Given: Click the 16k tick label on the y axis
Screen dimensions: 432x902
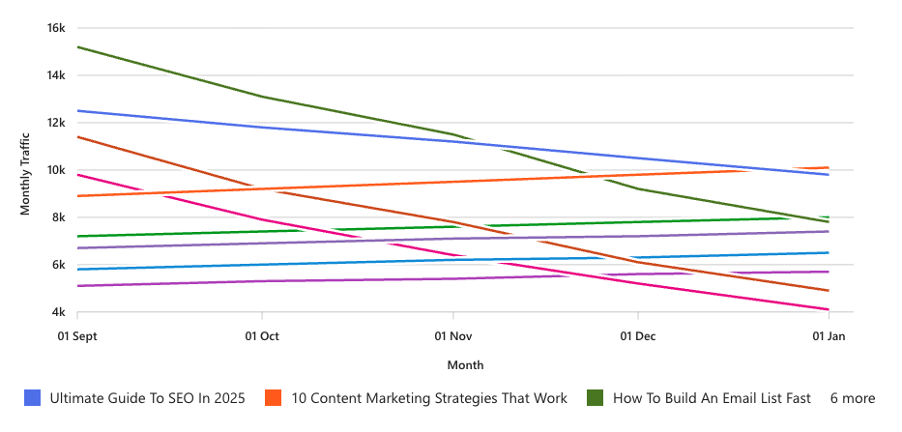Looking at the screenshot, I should click(x=55, y=28).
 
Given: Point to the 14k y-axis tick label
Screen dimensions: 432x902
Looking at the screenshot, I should click(x=55, y=75).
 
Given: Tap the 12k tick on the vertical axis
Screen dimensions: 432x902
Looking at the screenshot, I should click(x=55, y=123).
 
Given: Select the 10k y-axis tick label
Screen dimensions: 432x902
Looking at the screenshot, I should click(x=55, y=170).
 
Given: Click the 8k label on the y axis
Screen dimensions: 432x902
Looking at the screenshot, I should click(x=58, y=217).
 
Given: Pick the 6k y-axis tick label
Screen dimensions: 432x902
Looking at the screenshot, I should click(x=58, y=265).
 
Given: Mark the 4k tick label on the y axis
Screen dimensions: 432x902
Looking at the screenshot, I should click(x=58, y=312).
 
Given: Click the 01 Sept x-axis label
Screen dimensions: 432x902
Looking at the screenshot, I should click(x=77, y=336).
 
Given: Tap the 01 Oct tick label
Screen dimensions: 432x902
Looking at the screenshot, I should click(x=262, y=336).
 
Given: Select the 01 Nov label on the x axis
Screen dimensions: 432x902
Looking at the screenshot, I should click(x=452, y=336).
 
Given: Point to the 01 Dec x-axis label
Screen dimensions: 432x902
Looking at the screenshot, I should click(x=638, y=336).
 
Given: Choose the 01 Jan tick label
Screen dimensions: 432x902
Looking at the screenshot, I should click(x=829, y=336).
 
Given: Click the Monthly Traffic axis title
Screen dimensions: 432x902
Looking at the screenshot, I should click(x=26, y=170).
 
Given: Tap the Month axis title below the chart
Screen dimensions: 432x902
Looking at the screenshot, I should click(x=465, y=365).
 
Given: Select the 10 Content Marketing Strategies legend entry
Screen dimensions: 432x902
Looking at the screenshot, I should click(x=429, y=398).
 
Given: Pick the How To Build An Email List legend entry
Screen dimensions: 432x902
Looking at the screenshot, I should click(x=712, y=398).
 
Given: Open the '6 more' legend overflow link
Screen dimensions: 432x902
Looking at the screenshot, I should click(x=852, y=398).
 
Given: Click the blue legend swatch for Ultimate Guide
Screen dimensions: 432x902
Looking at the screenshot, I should click(x=33, y=398).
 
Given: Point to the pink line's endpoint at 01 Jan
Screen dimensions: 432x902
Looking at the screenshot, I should click(x=829, y=309).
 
